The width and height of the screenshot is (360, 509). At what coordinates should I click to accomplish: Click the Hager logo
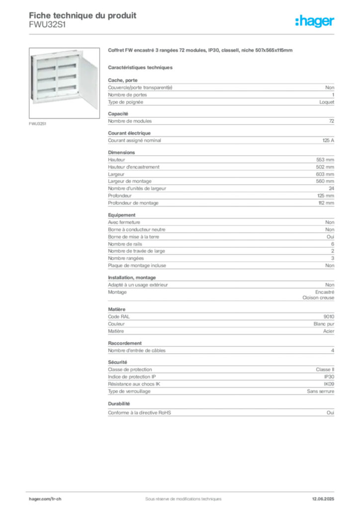click(x=315, y=21)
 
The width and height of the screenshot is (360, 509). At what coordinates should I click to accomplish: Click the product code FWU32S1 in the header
click(x=47, y=25)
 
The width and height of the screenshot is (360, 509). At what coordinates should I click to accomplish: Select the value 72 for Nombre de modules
click(x=332, y=121)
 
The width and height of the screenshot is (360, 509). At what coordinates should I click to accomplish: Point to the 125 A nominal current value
click(x=328, y=141)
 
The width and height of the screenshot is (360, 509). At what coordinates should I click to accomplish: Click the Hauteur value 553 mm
click(x=325, y=160)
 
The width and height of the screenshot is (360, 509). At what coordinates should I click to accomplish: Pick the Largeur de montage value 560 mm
click(x=325, y=181)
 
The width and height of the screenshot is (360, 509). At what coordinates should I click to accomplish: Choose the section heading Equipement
click(x=122, y=215)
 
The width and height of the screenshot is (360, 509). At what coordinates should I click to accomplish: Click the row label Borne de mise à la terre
click(x=133, y=237)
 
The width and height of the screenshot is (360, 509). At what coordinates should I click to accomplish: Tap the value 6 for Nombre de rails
click(x=333, y=244)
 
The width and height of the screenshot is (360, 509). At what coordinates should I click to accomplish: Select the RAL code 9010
click(x=329, y=317)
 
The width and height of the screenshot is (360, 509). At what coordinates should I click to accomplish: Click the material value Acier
click(x=329, y=331)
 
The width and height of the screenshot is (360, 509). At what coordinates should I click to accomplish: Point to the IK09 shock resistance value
click(x=329, y=384)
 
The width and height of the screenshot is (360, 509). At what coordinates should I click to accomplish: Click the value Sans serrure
click(x=320, y=392)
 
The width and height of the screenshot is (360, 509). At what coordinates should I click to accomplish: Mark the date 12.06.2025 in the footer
click(x=323, y=499)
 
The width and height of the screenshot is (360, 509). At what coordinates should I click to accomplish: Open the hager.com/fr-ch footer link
click(x=45, y=499)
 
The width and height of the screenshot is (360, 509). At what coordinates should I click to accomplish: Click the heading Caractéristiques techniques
click(x=140, y=68)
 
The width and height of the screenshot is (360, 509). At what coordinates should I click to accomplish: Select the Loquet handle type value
click(x=327, y=102)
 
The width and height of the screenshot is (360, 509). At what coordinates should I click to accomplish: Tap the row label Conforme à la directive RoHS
click(x=140, y=413)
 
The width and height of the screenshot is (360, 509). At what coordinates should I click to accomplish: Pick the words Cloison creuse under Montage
click(x=318, y=298)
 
